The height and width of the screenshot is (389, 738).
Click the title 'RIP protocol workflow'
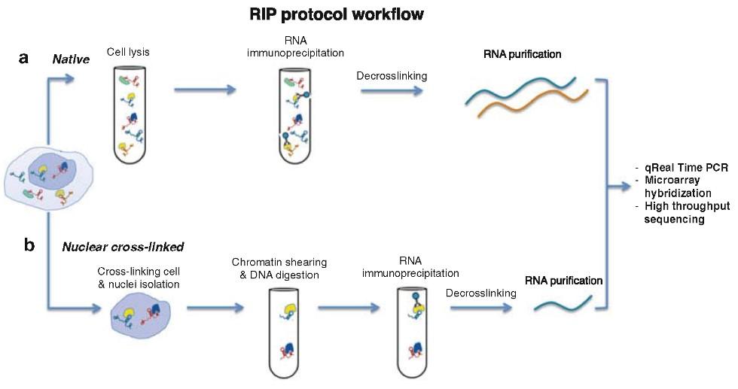(336, 14)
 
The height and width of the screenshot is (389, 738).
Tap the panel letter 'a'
(23, 59)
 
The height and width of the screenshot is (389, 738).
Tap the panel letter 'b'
(29, 245)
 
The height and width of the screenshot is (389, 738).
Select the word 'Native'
(71, 59)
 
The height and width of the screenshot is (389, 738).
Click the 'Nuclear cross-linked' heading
(123, 247)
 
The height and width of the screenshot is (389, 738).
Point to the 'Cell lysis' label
(128, 52)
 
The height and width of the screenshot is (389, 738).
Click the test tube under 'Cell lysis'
(130, 114)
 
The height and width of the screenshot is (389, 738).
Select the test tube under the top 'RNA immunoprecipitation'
(295, 116)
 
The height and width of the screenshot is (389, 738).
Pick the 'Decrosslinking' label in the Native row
(392, 76)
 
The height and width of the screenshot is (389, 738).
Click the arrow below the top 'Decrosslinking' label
(392, 90)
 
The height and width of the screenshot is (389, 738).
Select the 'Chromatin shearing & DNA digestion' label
(279, 269)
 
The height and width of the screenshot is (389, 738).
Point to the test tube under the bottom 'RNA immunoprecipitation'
(413, 333)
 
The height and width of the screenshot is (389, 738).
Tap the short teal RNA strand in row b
(563, 303)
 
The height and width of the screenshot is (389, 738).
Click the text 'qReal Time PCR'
(687, 168)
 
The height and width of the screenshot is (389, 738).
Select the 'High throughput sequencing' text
(687, 213)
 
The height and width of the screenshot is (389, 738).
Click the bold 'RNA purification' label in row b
(564, 281)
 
